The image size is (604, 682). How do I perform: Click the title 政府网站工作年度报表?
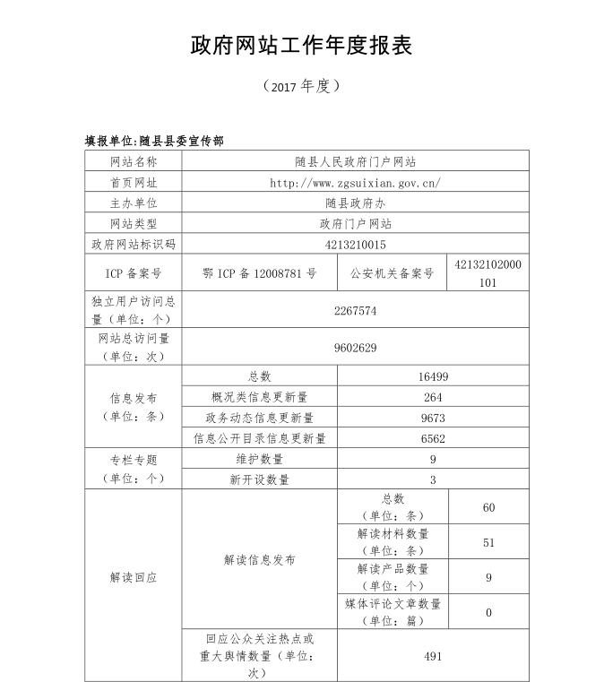coord(301,46)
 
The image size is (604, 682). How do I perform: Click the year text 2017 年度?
coord(301,86)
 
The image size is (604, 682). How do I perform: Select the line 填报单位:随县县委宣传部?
coord(154,141)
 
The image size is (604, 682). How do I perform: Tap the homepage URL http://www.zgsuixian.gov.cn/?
coord(355,183)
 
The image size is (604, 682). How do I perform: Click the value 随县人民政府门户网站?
coord(355,162)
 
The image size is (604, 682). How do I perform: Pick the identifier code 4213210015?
coord(355,244)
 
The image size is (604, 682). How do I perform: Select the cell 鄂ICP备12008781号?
coord(260,273)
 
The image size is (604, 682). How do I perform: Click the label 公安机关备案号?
coord(391,273)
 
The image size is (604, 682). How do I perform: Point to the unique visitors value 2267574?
coord(355,311)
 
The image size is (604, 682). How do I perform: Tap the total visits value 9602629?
coord(355,348)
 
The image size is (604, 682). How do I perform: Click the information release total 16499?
coord(433,377)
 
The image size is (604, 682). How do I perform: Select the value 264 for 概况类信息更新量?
coord(433,398)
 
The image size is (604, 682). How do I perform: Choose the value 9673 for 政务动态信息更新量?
coord(433,419)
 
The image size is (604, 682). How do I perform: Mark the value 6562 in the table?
coord(433,439)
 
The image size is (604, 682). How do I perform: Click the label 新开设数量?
coord(260,480)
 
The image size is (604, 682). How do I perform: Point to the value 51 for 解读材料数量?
coord(488,543)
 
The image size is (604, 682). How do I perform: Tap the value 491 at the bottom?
coord(433,657)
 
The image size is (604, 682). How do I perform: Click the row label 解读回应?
coord(133,578)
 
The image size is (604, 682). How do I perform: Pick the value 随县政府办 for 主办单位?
coord(355,203)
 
